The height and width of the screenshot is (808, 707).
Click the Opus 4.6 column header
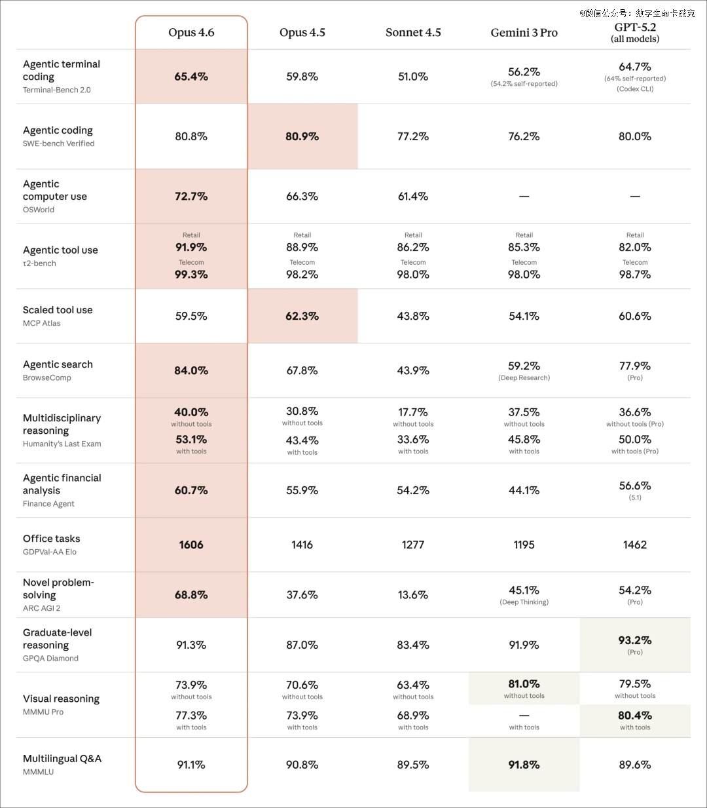click(x=191, y=33)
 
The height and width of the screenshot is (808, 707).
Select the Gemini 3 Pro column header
click(x=524, y=33)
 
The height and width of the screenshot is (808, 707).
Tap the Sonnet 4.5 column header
click(x=413, y=33)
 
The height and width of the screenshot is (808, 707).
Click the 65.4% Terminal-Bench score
click(x=191, y=77)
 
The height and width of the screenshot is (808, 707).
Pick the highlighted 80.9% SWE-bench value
click(x=302, y=136)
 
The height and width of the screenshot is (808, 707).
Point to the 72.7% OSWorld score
click(x=191, y=197)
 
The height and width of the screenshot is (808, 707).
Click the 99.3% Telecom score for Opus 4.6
click(x=191, y=275)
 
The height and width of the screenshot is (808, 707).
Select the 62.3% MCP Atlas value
click(x=302, y=317)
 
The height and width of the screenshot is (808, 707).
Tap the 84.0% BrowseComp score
click(x=191, y=371)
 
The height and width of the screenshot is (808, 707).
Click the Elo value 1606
click(x=191, y=545)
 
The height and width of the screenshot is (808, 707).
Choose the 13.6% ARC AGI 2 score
click(x=413, y=595)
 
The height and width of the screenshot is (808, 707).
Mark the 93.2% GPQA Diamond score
click(x=635, y=640)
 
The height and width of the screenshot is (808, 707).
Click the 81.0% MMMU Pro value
click(x=524, y=684)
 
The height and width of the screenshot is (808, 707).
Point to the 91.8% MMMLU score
click(x=524, y=765)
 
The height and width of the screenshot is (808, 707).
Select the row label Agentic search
click(x=58, y=364)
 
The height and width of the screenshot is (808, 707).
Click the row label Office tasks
click(x=52, y=539)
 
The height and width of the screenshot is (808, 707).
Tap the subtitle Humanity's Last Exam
click(x=62, y=444)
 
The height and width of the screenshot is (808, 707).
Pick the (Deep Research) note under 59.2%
click(x=524, y=377)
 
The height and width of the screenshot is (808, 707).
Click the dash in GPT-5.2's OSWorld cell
click(x=635, y=197)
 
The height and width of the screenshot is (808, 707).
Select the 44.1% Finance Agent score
click(x=524, y=491)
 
